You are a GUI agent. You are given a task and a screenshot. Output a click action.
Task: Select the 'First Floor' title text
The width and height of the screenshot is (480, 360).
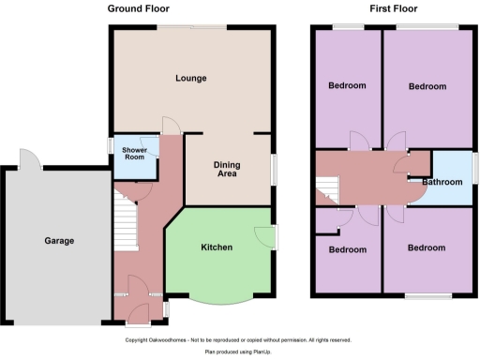pyautogui.click(x=393, y=8)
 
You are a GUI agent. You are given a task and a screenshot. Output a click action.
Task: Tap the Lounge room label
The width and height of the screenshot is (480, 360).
pyautogui.click(x=190, y=78)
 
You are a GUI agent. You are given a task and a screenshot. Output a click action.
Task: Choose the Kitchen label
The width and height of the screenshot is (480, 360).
pyautogui.click(x=217, y=247)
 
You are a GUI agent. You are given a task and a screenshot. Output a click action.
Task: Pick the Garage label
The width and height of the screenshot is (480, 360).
pyautogui.click(x=58, y=241)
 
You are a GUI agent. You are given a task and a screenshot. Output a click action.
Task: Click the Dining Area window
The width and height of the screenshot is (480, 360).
pyautogui.click(x=275, y=170)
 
